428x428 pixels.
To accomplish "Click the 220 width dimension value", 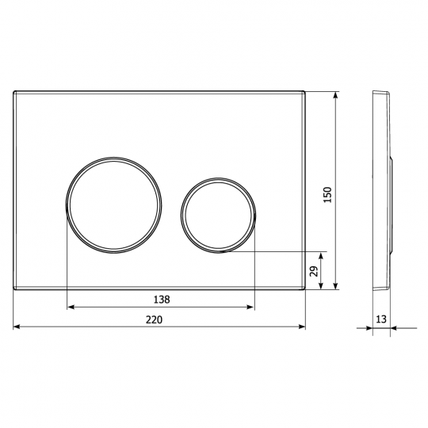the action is (154, 319).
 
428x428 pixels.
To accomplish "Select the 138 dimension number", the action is (162, 300).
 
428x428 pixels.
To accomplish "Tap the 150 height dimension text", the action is (327, 195).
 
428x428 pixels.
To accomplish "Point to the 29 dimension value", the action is (314, 271).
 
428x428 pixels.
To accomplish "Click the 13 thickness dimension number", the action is (381, 319).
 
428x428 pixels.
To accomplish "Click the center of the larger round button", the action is (113, 205).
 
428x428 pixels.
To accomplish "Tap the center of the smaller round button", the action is (218, 215).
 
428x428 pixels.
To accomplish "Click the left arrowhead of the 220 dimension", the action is (17, 327).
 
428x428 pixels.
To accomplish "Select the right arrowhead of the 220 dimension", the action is (302, 327).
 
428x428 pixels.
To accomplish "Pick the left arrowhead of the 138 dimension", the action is (71, 307).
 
